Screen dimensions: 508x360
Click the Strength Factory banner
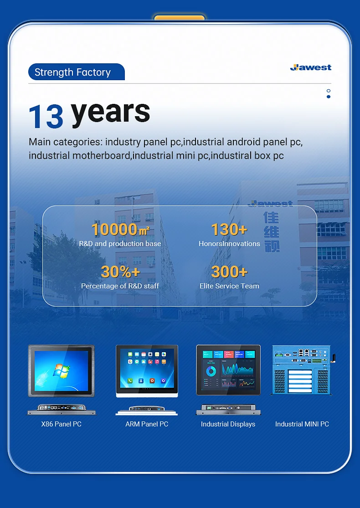(73, 72)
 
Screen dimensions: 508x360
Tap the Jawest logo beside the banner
(311, 67)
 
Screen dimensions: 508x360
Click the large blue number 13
(46, 116)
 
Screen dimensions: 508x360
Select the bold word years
(111, 112)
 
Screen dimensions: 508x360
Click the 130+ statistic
(229, 230)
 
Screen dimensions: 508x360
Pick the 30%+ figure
(120, 272)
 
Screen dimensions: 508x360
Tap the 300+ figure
(229, 272)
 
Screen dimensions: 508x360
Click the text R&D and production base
(120, 244)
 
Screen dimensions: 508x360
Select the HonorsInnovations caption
(229, 244)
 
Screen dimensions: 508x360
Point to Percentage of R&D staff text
(120, 286)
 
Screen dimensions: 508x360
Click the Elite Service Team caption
(229, 286)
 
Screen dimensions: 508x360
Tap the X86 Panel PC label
(62, 424)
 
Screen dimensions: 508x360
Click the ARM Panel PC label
(147, 424)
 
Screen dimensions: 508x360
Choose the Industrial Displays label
(228, 424)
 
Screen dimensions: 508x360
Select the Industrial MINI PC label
(302, 424)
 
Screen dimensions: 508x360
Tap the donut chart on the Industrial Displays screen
(211, 372)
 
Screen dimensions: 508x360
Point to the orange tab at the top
(179, 18)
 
